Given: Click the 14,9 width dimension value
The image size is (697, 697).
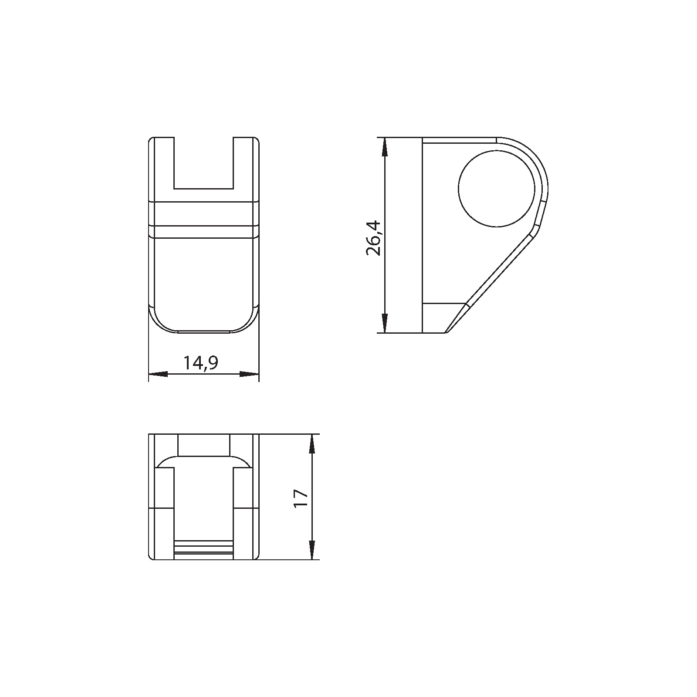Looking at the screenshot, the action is pyautogui.click(x=200, y=363).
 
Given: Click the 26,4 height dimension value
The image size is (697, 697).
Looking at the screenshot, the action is pyautogui.click(x=374, y=238).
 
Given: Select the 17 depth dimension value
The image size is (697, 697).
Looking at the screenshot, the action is pyautogui.click(x=301, y=498).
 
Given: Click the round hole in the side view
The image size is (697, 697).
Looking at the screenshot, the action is pyautogui.click(x=497, y=188).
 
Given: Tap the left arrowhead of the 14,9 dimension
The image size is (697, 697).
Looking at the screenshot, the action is pyautogui.click(x=158, y=374).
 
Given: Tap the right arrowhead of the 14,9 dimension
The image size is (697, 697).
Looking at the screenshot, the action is pyautogui.click(x=249, y=374).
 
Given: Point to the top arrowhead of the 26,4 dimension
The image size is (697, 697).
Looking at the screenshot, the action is pyautogui.click(x=384, y=147).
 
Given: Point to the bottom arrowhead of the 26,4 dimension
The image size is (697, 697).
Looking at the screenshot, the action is pyautogui.click(x=384, y=323).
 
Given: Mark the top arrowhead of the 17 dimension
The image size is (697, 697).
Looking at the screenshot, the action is pyautogui.click(x=312, y=444).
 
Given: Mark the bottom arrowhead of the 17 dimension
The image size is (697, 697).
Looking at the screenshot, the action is pyautogui.click(x=312, y=550).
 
